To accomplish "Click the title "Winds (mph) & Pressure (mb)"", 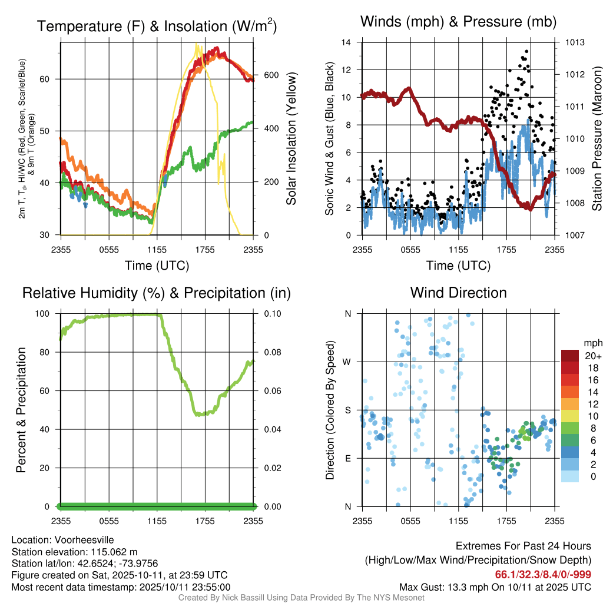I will [458, 22].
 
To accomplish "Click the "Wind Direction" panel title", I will [458, 293].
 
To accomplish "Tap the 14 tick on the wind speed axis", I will [346, 42].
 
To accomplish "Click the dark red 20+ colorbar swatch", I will [569, 356].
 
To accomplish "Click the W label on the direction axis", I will [347, 362].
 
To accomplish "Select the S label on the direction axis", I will [347, 410].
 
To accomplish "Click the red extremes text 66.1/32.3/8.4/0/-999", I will [543, 575].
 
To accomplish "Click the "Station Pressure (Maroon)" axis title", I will [596, 139].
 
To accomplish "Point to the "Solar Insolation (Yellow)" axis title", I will [291, 139].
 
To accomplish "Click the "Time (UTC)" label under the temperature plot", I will [157, 266].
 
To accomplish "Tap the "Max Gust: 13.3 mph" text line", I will [495, 587].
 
